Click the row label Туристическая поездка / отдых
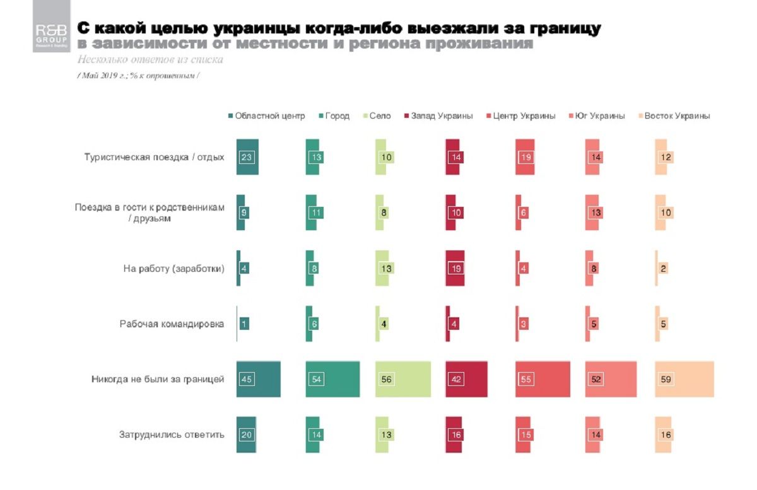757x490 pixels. pyautogui.click(x=155, y=157)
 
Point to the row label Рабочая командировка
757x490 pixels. pyautogui.click(x=172, y=324)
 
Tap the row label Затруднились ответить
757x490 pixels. pyautogui.click(x=172, y=435)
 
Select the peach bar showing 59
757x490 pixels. pyautogui.click(x=684, y=379)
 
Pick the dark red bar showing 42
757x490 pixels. pyautogui.click(x=467, y=379)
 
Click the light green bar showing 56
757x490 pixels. pyautogui.click(x=402, y=379)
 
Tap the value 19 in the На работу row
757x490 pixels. pyautogui.click(x=455, y=268)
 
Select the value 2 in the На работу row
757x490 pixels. pyautogui.click(x=664, y=268)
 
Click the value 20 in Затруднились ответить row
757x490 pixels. pyautogui.click(x=246, y=435)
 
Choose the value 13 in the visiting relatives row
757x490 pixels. pyautogui.click(x=594, y=213)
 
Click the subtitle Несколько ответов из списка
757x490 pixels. pyautogui.click(x=150, y=60)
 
